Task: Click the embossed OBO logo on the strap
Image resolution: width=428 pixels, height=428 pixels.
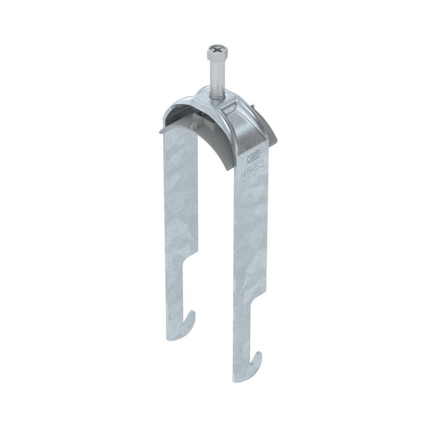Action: [x=255, y=154]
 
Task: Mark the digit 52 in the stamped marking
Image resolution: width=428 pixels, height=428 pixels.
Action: [x=259, y=165]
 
